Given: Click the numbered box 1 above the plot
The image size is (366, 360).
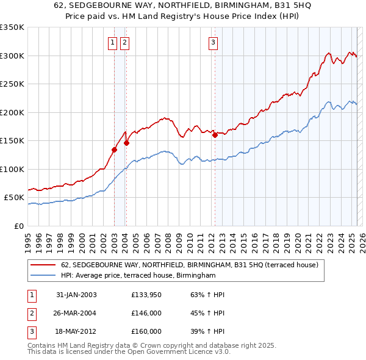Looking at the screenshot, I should (x=113, y=42).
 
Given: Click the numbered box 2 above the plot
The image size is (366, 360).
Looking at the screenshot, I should (x=124, y=42).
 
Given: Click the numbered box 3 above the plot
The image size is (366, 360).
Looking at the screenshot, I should (x=213, y=42).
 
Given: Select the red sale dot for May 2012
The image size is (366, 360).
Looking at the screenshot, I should (x=215, y=135).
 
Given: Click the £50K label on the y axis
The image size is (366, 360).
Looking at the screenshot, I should (x=14, y=198).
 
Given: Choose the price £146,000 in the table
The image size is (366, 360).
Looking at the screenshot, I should (x=146, y=313).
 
